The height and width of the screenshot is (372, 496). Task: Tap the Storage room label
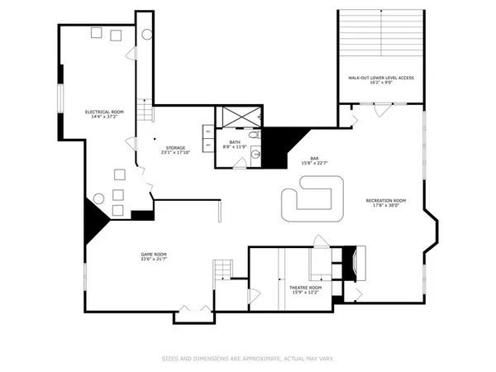174,148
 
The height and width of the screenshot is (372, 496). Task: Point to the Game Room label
154,254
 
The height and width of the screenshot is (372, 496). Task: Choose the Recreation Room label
386,200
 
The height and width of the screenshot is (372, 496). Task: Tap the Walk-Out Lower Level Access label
380,77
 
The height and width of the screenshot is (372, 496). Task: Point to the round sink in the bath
256,154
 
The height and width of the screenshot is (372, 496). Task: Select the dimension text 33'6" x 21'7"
154,260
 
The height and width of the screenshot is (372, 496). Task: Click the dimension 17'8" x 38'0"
386,206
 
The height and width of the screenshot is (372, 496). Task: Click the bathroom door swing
239,164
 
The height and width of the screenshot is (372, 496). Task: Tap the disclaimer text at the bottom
247,359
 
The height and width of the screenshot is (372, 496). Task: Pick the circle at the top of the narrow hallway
146,35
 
